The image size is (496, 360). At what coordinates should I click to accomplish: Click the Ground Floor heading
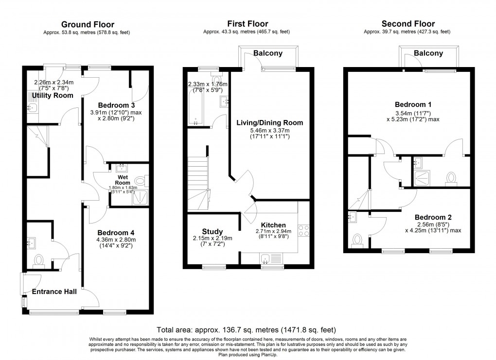pos(88,24)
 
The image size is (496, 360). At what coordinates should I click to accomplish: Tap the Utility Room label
pos(53,95)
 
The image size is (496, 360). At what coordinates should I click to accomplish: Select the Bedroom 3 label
pos(116,105)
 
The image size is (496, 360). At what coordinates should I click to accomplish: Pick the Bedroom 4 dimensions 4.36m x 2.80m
pos(116,240)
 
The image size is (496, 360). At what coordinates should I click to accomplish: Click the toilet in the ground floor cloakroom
pos(39,261)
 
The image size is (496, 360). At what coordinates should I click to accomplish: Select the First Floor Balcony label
pos(267,53)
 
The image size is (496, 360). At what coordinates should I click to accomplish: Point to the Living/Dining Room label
pos(269,123)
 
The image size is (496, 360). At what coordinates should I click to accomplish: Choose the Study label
pos(213,231)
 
